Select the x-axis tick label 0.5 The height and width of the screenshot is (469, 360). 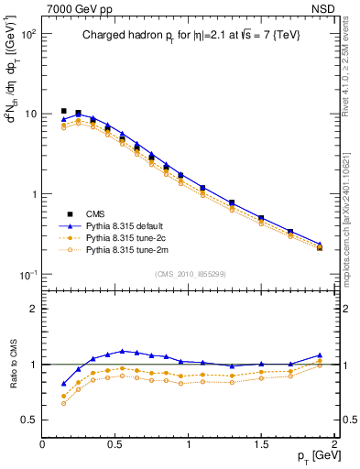[115, 443]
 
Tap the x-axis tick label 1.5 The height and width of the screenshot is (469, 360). [261, 443]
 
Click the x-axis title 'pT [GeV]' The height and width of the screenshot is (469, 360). [309, 455]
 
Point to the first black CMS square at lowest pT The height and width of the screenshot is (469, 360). [64, 111]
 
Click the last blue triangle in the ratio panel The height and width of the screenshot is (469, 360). [320, 355]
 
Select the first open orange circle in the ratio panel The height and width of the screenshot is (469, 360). [64, 403]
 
